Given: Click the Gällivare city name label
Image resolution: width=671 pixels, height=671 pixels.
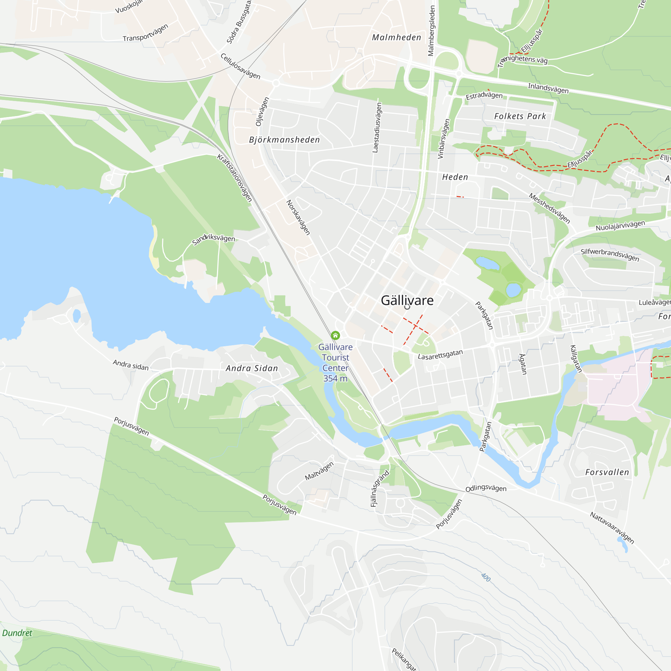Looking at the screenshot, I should click(407, 300).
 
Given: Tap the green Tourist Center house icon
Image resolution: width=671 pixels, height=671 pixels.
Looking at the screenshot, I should click(335, 335).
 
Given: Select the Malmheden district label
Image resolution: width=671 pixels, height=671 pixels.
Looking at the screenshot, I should click(396, 38).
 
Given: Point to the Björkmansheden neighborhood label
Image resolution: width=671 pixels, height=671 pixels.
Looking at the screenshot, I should click(284, 140).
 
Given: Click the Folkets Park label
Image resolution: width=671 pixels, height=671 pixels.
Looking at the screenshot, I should click(520, 116).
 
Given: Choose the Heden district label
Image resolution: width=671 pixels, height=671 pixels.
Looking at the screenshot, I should click(455, 177).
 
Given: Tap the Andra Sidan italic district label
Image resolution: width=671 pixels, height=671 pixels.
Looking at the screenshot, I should click(252, 368).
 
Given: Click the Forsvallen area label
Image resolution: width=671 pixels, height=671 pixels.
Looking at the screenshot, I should click(607, 472).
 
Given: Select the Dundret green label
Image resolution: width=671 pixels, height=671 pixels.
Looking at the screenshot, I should click(17, 633).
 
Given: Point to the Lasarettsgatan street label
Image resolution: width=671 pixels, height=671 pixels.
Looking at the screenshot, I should click(440, 355).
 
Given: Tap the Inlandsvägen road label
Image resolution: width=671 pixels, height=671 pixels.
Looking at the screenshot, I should click(548, 88).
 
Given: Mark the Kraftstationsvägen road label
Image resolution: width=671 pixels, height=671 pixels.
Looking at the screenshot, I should click(235, 177).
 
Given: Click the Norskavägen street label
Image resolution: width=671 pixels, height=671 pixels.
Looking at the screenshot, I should click(298, 217).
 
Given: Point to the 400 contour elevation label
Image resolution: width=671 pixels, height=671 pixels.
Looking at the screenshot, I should click(485, 577).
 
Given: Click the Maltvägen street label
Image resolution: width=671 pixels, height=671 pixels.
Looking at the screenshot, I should click(319, 471).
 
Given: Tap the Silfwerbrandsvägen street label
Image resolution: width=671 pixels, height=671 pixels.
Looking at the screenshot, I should click(610, 255).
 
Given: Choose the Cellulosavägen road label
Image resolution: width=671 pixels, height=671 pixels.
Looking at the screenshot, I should click(240, 66).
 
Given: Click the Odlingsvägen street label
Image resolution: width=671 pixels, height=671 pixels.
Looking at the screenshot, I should click(486, 488).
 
